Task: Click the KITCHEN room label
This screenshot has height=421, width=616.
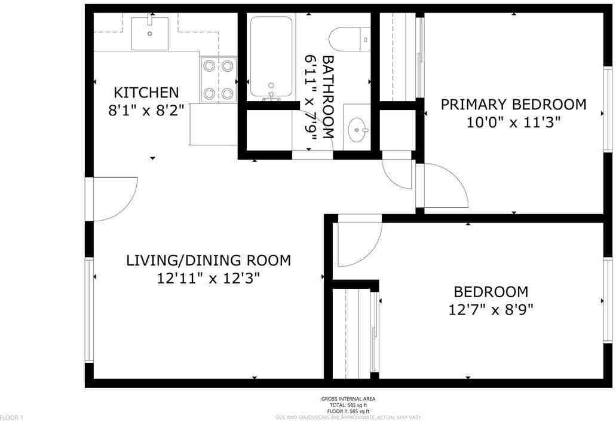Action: click(x=146, y=93)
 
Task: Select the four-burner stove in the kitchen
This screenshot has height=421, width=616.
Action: click(x=218, y=79)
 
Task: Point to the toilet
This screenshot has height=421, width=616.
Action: click(x=353, y=38)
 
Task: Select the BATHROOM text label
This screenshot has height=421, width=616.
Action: click(x=328, y=97)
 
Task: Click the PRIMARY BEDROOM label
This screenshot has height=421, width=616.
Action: click(x=513, y=105)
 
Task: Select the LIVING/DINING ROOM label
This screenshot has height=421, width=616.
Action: click(x=208, y=261)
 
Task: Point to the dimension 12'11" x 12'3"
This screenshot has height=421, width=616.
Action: click(x=208, y=279)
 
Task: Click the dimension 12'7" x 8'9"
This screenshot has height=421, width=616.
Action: click(x=491, y=310)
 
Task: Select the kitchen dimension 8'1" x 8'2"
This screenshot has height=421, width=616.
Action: click(x=146, y=111)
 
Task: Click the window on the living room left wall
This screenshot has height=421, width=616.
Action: click(x=89, y=309)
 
